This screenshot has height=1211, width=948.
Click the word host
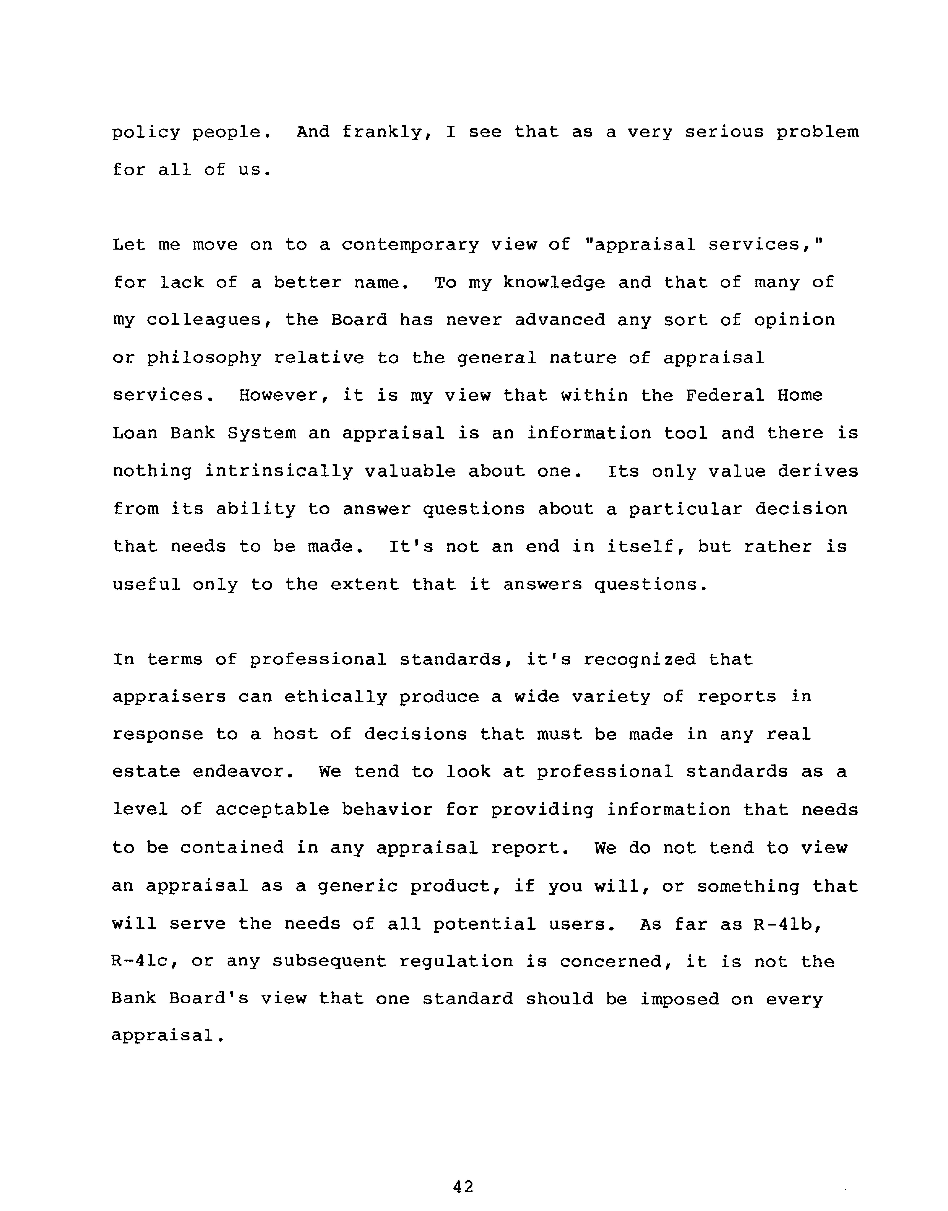(295, 734)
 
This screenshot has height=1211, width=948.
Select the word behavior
(387, 810)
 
